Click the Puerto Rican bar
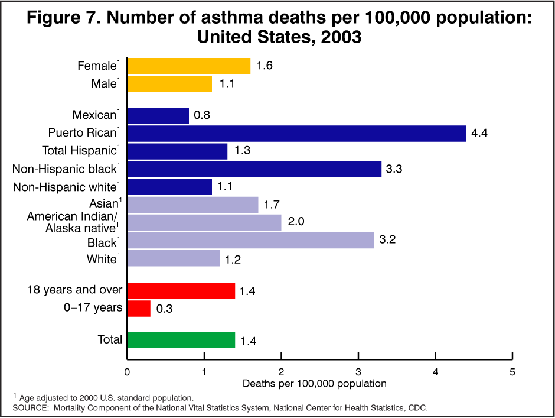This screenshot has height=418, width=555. (x=296, y=134)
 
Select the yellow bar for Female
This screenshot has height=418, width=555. (x=188, y=66)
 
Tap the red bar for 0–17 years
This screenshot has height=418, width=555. (x=139, y=308)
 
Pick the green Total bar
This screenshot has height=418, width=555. (x=181, y=340)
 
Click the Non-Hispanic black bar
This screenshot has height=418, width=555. (x=254, y=169)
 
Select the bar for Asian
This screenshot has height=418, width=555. (x=192, y=205)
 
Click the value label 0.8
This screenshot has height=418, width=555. (x=202, y=116)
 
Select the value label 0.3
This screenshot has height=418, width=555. (x=164, y=309)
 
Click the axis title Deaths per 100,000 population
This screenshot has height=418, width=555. (x=315, y=383)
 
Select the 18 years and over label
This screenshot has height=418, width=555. (x=75, y=290)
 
